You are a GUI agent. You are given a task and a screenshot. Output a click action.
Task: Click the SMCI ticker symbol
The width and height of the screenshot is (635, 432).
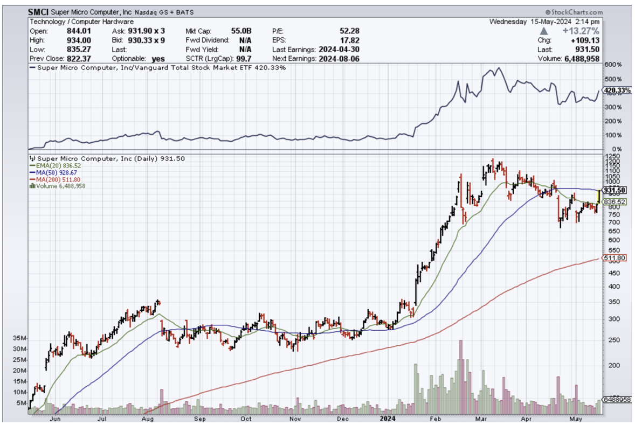[38, 12]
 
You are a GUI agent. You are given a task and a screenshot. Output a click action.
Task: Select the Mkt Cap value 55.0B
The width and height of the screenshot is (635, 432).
[242, 31]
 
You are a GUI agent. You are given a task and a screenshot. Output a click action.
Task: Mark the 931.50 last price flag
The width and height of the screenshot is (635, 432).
[615, 191]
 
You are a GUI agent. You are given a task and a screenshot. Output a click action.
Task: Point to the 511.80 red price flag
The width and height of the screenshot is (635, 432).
[615, 259]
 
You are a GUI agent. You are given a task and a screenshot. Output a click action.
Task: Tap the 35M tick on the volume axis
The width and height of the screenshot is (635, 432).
[19, 339]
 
